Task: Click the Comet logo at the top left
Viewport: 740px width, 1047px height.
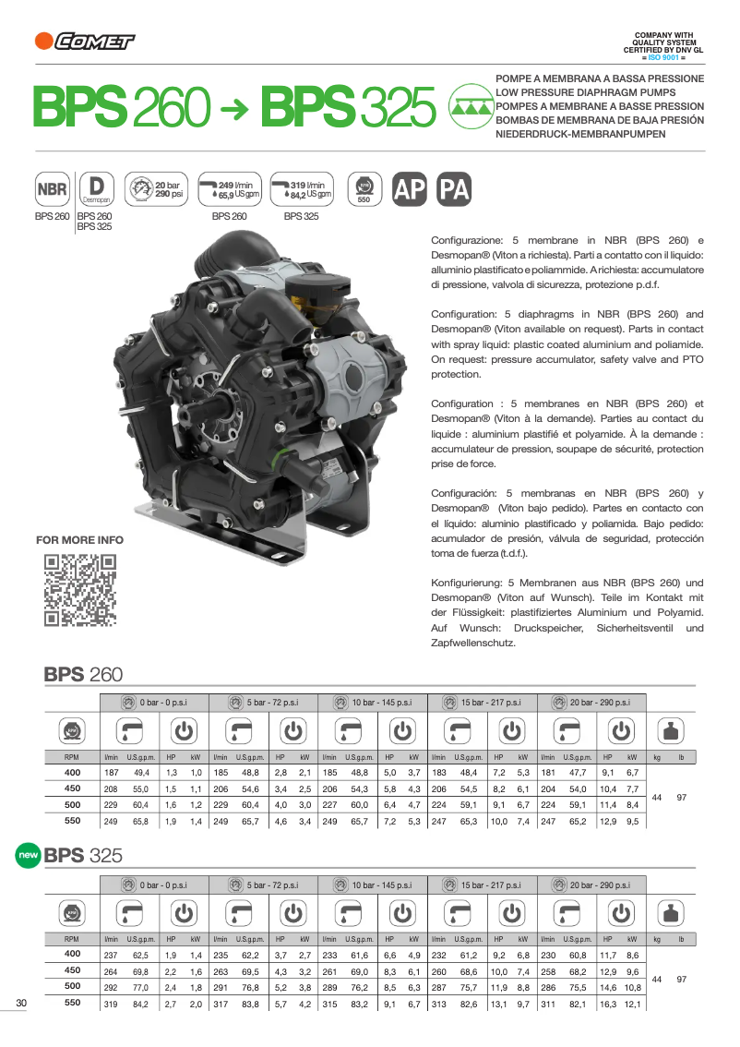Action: [84, 41]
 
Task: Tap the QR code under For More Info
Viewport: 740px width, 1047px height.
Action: [80, 589]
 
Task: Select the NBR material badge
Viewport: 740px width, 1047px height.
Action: [52, 190]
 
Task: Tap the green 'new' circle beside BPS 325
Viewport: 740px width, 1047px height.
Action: [29, 855]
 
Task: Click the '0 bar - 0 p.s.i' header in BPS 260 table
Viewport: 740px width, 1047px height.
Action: [154, 703]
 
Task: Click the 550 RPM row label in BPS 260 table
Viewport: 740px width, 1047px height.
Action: [73, 820]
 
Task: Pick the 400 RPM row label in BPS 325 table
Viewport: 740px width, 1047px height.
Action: [73, 954]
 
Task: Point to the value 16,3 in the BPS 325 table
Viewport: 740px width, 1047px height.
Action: [608, 1004]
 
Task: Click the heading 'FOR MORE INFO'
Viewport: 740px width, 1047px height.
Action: [79, 540]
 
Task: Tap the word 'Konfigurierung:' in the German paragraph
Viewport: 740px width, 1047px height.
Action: [467, 583]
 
